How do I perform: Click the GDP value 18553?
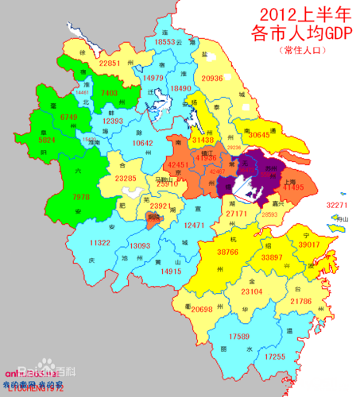point(168,41)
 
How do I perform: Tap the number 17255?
point(273,357)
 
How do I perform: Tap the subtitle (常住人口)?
point(301,49)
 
